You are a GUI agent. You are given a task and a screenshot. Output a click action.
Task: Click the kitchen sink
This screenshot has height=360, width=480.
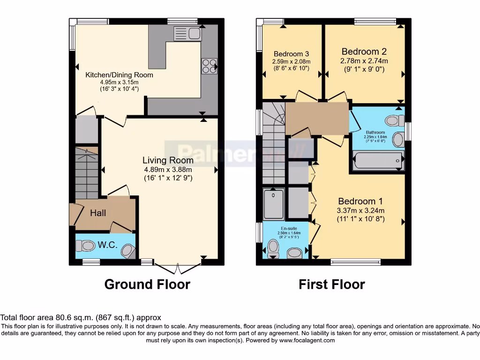click(x=187, y=33)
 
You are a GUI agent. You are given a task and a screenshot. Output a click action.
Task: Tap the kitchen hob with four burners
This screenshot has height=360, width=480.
click(x=209, y=66)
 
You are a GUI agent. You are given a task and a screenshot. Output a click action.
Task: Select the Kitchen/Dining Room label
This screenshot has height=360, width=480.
click(x=119, y=75)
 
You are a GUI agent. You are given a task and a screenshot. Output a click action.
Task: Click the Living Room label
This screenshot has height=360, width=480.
click(x=168, y=160)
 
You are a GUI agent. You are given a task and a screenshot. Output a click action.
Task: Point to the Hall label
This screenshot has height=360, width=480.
click(x=98, y=213)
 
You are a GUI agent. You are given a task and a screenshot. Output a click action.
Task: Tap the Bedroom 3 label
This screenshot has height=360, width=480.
click(x=291, y=53)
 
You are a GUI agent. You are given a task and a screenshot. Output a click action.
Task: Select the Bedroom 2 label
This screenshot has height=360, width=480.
click(x=364, y=52)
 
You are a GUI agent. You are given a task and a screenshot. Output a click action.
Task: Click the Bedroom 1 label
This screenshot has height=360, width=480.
click(x=360, y=202)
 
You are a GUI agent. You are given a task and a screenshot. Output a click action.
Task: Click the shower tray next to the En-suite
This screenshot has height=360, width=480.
click(x=273, y=203)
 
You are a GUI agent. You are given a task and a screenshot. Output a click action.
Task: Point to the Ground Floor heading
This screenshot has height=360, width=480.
click(x=147, y=284)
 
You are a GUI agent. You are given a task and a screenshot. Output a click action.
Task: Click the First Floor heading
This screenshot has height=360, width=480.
click(x=332, y=284)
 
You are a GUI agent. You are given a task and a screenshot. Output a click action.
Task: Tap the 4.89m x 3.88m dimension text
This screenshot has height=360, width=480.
click(x=168, y=169)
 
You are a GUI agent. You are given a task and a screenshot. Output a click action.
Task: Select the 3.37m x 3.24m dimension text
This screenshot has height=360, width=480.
click(x=360, y=210)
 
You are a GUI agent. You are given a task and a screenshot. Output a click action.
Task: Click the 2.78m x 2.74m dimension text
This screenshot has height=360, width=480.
click(x=364, y=61)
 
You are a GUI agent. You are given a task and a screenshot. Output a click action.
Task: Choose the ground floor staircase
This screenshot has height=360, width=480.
click(x=87, y=173)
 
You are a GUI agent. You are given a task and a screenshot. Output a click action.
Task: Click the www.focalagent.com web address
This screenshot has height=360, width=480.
click(x=307, y=340)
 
